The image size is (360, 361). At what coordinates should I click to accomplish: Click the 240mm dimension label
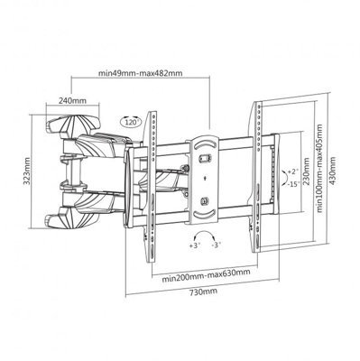tap(72, 100)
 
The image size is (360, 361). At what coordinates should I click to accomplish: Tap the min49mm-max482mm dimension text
tap(140, 73)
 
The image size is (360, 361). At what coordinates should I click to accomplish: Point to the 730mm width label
tap(203, 292)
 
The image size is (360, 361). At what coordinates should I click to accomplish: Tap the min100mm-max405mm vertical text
tap(319, 169)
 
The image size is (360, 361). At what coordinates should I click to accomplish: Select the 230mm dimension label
tap(306, 171)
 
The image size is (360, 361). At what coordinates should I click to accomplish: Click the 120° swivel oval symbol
tap(131, 121)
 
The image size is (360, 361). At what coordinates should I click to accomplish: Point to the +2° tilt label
tap(292, 171)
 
